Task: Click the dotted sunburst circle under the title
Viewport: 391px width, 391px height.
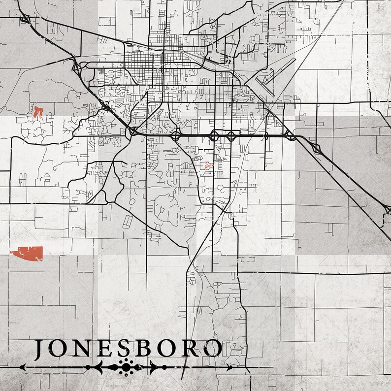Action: coord(127,367)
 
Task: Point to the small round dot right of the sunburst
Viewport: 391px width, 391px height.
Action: coord(164,367)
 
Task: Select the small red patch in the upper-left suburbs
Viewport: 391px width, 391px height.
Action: coord(38,112)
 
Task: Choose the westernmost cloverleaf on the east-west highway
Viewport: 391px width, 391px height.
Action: coord(133,131)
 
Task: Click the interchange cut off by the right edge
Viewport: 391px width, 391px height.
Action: coord(387,211)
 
